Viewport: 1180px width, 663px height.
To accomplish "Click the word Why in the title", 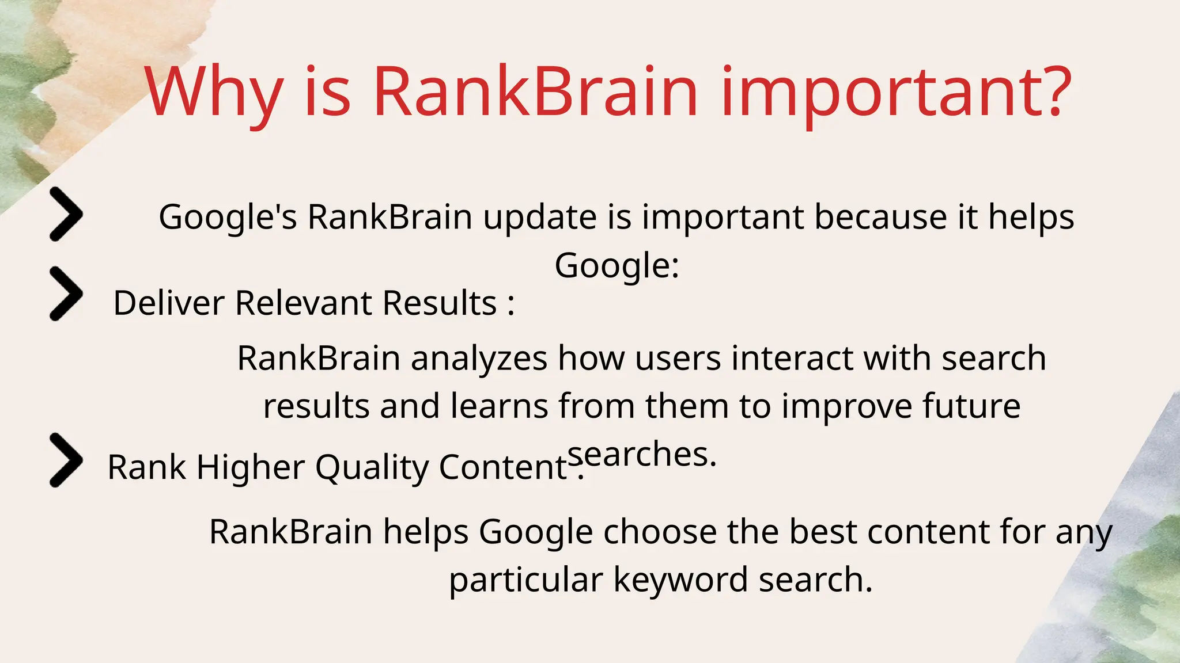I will pos(213,92).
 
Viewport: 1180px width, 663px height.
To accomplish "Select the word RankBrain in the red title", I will pos(536,92).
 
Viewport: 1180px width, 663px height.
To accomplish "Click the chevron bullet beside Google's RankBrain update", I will pos(66,214).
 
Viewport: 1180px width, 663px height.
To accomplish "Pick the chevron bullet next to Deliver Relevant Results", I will pos(66,294).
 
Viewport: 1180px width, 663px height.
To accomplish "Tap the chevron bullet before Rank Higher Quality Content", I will pos(66,460).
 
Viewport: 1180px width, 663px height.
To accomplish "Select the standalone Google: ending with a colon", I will pos(617,266).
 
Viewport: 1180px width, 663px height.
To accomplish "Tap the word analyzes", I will pos(479,359).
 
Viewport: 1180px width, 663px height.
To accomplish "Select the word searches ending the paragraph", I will pos(641,455).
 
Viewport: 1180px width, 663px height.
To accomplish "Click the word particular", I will pos(525,580).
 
